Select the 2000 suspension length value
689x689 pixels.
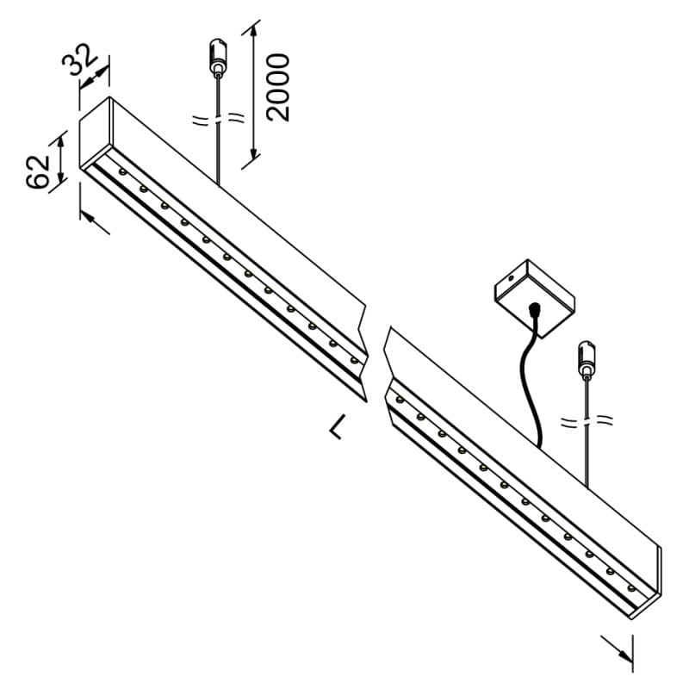[x=277, y=86]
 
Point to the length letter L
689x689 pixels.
[x=338, y=425]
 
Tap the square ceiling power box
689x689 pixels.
[x=533, y=290]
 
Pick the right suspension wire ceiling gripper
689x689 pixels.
[x=587, y=357]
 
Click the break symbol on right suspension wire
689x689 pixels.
[x=587, y=422]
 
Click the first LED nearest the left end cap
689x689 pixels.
[x=122, y=173]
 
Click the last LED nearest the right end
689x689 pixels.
[x=631, y=589]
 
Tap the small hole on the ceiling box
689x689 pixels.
[x=511, y=279]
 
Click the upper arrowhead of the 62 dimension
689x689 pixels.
[x=62, y=139]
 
